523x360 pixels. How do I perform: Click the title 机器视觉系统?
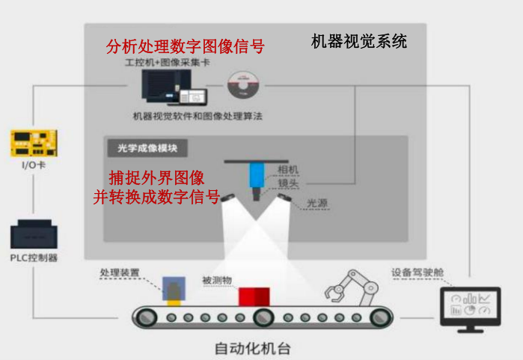[x=359, y=42]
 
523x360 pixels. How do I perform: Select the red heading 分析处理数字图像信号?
[x=185, y=46]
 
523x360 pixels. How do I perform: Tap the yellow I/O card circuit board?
[x=34, y=143]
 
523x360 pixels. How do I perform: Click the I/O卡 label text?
[x=34, y=165]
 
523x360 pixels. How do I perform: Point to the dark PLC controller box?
[x=34, y=234]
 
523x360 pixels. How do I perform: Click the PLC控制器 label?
[x=34, y=258]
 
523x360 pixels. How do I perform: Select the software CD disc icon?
[x=243, y=85]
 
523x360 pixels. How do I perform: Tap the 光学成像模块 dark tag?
[x=147, y=148]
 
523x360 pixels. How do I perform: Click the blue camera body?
[x=257, y=175]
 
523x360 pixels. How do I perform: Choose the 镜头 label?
[x=288, y=183]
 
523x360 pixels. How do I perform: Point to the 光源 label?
[x=317, y=203]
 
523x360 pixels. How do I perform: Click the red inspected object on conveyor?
[x=254, y=296]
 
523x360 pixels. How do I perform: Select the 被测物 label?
[x=217, y=280]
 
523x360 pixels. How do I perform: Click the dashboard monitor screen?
[x=471, y=305]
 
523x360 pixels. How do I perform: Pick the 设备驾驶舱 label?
[x=418, y=272]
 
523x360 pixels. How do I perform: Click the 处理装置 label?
[x=120, y=272]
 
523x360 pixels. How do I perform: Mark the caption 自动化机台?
[x=252, y=349]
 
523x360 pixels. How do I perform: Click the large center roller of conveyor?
[x=263, y=317]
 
